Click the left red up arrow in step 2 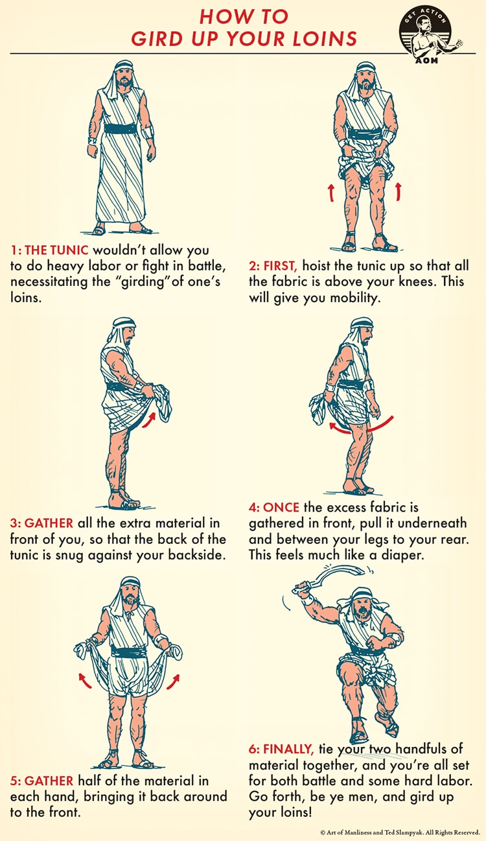pyautogui.click(x=330, y=191)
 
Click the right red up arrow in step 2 pyautogui.click(x=398, y=191)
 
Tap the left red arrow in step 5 pyautogui.click(x=84, y=680)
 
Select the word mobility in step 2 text pyautogui.click(x=373, y=298)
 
